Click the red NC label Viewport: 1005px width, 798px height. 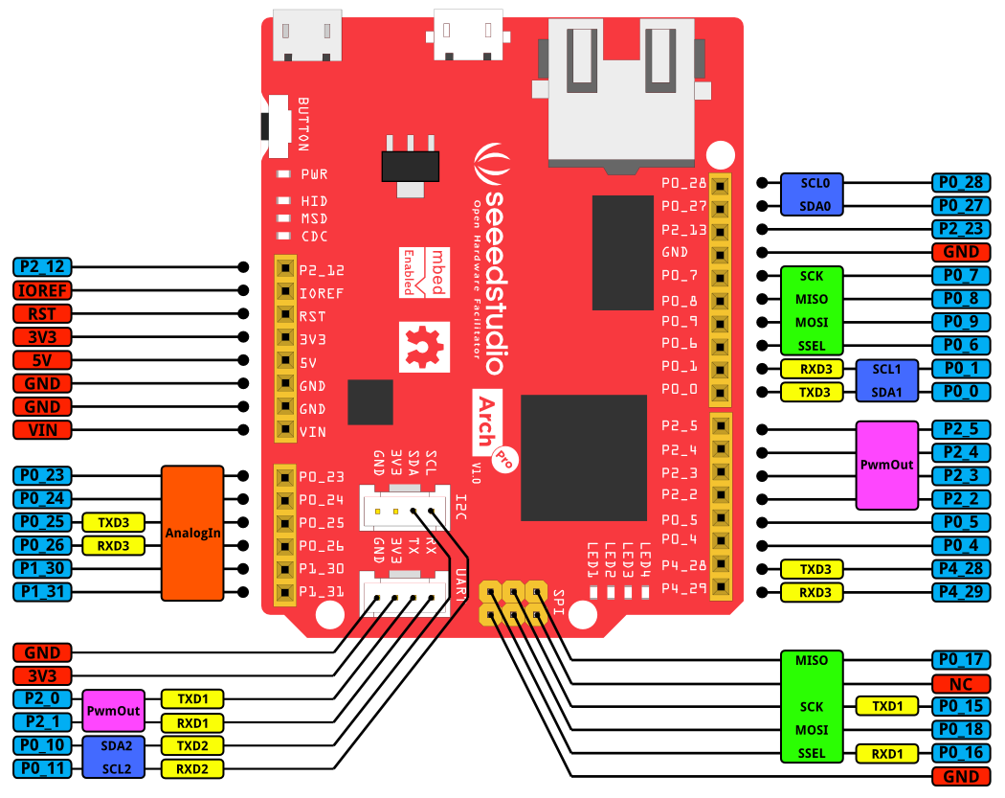[961, 684]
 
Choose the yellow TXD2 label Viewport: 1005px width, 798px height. [193, 744]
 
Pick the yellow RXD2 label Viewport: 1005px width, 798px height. [193, 767]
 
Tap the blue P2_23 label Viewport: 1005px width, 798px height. [961, 229]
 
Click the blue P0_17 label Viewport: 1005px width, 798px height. [961, 660]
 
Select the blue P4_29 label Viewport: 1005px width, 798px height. [961, 592]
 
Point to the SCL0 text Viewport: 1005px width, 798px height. [810, 183]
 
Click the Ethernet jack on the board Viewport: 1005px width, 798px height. [622, 91]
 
